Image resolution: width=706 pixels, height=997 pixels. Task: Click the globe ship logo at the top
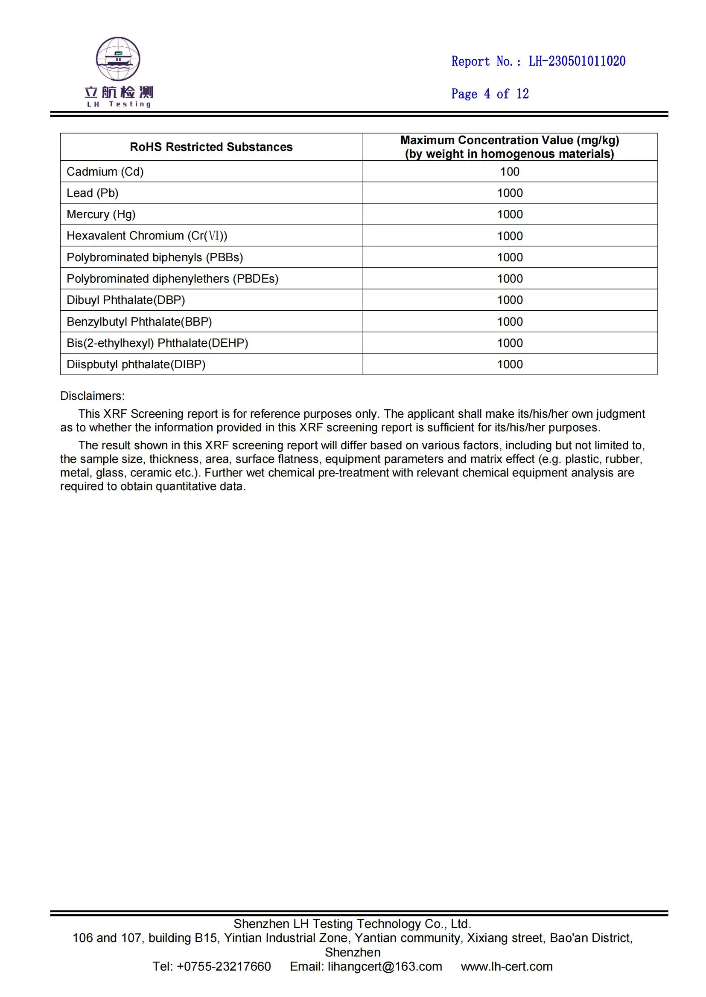(x=118, y=59)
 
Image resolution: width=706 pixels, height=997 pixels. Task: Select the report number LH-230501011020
(x=577, y=61)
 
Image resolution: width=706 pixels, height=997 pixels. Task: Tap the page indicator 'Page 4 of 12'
(x=490, y=94)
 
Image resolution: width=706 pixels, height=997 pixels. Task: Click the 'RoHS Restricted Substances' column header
(x=211, y=147)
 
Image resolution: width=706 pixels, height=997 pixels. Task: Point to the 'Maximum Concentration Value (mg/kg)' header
(x=510, y=140)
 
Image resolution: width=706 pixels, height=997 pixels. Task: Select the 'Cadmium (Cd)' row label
(x=105, y=171)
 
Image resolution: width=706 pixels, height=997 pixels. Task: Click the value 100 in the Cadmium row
(x=510, y=171)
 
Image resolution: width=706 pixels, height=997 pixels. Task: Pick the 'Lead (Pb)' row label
(x=93, y=193)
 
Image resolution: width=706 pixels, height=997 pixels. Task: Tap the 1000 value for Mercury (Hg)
(x=510, y=214)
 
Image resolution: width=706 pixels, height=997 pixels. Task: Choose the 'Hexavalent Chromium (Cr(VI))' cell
(x=147, y=236)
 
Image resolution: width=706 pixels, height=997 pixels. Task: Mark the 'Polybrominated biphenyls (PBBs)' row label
(x=155, y=257)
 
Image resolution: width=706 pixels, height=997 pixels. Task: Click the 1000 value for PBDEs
(x=510, y=278)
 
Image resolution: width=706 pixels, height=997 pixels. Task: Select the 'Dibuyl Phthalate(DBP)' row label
(x=125, y=300)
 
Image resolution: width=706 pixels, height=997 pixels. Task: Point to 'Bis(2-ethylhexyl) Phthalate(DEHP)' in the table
(x=158, y=343)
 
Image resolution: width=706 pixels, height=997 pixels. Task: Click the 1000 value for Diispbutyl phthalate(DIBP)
(x=510, y=364)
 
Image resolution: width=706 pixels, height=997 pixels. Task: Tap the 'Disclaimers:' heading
(x=92, y=396)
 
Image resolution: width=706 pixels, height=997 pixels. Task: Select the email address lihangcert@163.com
(x=385, y=967)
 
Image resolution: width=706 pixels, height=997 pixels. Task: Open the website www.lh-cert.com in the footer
(x=507, y=967)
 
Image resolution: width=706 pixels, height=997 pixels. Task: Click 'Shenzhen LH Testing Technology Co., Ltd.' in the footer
(x=353, y=924)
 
